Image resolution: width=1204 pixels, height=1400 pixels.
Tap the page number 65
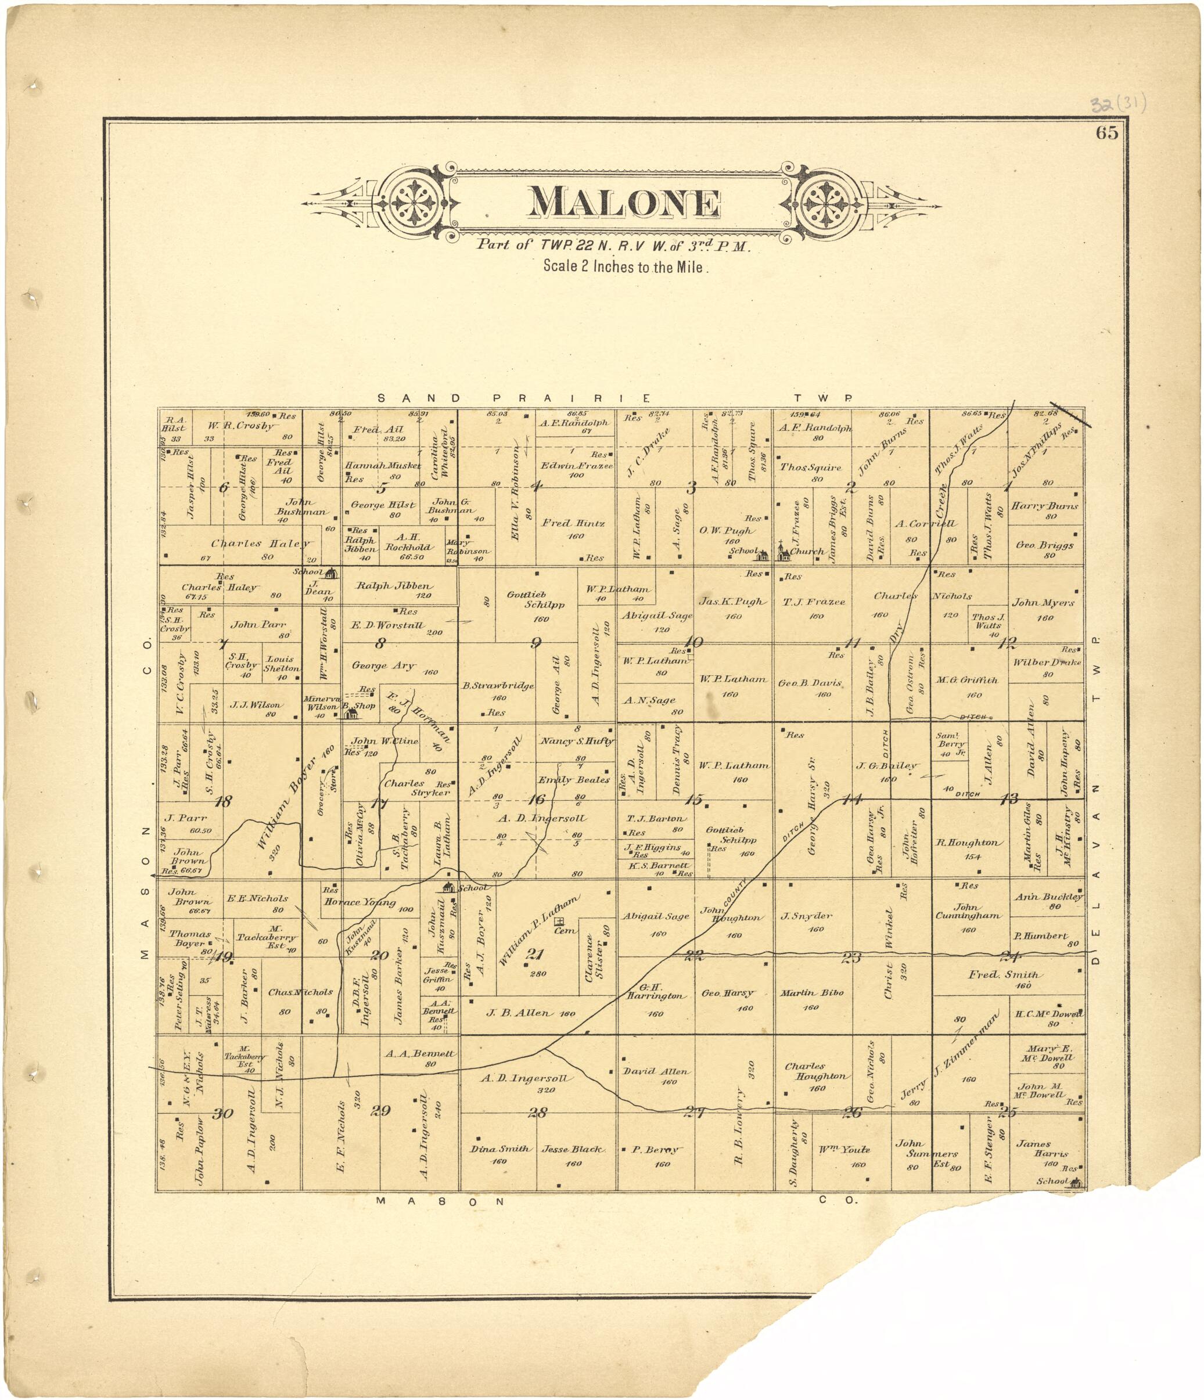[1106, 133]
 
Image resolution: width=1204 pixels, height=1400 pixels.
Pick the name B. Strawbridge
[498, 686]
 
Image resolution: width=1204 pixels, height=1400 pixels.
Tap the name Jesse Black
[572, 1149]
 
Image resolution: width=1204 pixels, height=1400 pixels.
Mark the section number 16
[537, 800]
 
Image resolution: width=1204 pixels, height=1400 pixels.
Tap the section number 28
[537, 1112]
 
